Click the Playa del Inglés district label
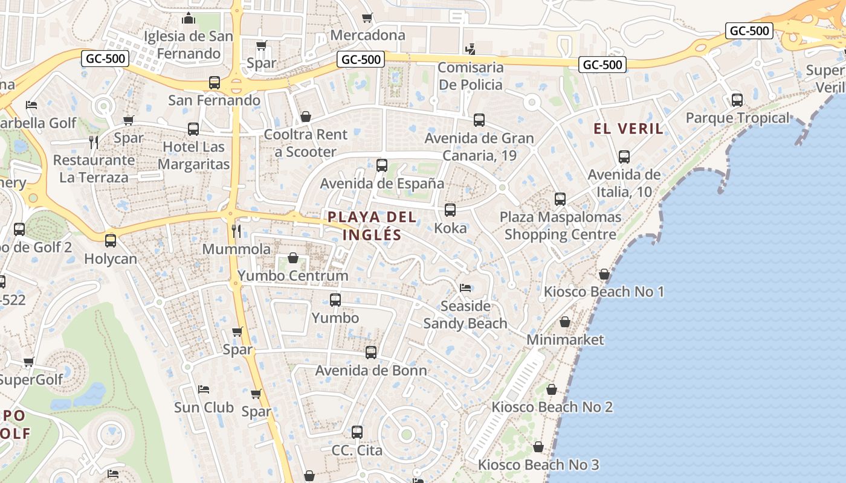tap(372, 225)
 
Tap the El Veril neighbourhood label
tap(628, 128)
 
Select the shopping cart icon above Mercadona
tap(367, 18)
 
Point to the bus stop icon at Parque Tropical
tap(737, 100)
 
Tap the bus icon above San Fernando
tap(215, 83)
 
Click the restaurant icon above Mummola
tap(236, 231)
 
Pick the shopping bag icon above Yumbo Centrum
tap(293, 258)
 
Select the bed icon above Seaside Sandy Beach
tap(465, 287)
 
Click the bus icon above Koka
tap(450, 210)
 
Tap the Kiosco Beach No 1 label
tap(604, 292)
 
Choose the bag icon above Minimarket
tap(565, 322)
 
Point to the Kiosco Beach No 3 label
tap(538, 465)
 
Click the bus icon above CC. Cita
tap(357, 432)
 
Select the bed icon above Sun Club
tap(204, 389)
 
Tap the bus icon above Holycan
tap(111, 241)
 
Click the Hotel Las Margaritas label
tap(193, 155)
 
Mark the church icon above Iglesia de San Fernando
tap(189, 18)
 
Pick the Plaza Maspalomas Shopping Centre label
tap(560, 225)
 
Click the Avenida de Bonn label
tap(371, 370)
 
